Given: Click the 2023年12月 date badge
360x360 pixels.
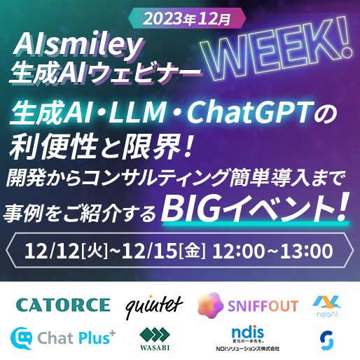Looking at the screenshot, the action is tap(187, 18).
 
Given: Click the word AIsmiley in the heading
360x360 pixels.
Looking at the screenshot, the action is tap(78, 46).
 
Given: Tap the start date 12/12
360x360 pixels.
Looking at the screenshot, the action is tap(53, 251).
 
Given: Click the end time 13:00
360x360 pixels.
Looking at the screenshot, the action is tap(306, 251).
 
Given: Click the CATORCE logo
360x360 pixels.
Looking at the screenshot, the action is tap(63, 305).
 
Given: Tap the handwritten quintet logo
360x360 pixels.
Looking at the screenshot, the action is tap(154, 307).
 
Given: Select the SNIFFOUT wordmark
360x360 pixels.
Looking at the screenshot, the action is tap(263, 306).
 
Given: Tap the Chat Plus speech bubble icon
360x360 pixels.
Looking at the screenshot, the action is tap(21, 338).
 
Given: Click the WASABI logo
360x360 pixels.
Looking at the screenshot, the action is tap(155, 338).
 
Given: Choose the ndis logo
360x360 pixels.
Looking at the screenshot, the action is tap(247, 338).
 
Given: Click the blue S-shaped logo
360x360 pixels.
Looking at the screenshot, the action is tap(327, 340).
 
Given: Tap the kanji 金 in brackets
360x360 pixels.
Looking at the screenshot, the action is tap(192, 251).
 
